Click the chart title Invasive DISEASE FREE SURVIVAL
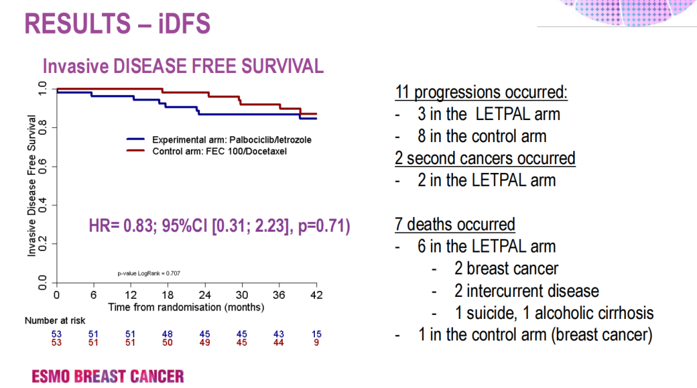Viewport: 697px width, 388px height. coord(183,66)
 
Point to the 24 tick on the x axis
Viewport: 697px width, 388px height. coord(205,295)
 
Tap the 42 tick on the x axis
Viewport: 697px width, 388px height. coord(316,295)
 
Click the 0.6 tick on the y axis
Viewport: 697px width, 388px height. coord(43,167)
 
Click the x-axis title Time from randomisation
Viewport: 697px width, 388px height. coord(186,307)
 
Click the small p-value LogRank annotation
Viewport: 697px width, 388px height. coord(148,274)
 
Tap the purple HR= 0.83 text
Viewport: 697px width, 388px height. coord(219,227)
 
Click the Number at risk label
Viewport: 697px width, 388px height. coord(55,320)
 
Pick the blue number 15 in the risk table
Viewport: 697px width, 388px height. coord(316,334)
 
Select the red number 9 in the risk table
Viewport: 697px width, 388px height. coord(316,342)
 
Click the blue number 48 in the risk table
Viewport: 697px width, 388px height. coord(168,334)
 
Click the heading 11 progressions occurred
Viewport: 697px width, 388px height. coord(481,92)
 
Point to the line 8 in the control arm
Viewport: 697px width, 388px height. coord(481,136)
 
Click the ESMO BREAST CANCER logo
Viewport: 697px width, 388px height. coord(108,376)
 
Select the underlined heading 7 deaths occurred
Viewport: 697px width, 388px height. coord(455,224)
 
